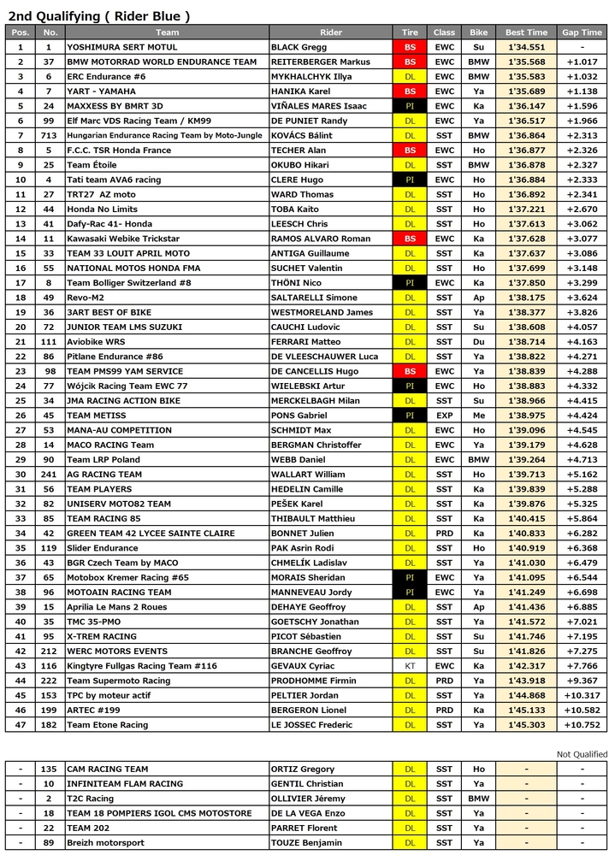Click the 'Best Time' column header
click(x=526, y=32)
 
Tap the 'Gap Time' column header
click(x=582, y=32)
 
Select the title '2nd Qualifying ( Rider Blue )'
click(x=98, y=15)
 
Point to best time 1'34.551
click(x=526, y=47)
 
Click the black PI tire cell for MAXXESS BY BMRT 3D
click(x=410, y=106)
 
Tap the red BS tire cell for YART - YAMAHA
click(x=410, y=91)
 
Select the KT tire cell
click(x=410, y=665)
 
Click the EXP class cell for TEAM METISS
click(x=445, y=416)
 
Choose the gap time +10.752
click(x=582, y=724)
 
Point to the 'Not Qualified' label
click(x=582, y=754)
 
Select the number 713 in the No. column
click(x=49, y=135)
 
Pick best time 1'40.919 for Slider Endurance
click(x=526, y=548)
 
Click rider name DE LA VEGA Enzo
click(x=310, y=813)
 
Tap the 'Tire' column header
click(x=410, y=32)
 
